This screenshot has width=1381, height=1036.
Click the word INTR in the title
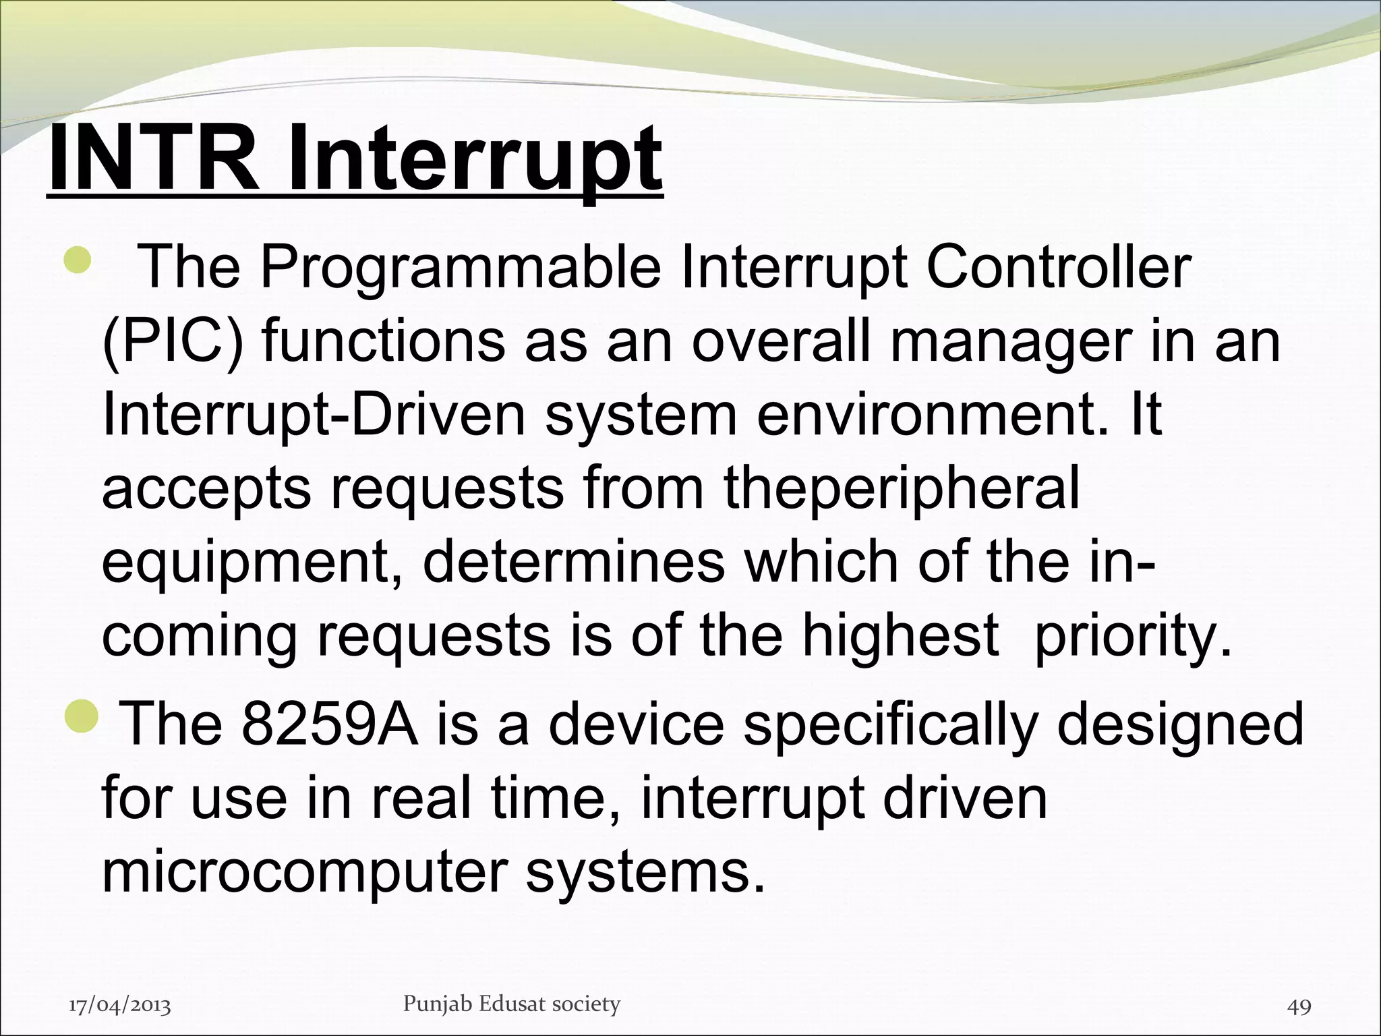coord(154,161)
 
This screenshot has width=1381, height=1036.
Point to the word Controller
coord(1058,267)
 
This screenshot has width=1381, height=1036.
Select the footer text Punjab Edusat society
coord(511,1004)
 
